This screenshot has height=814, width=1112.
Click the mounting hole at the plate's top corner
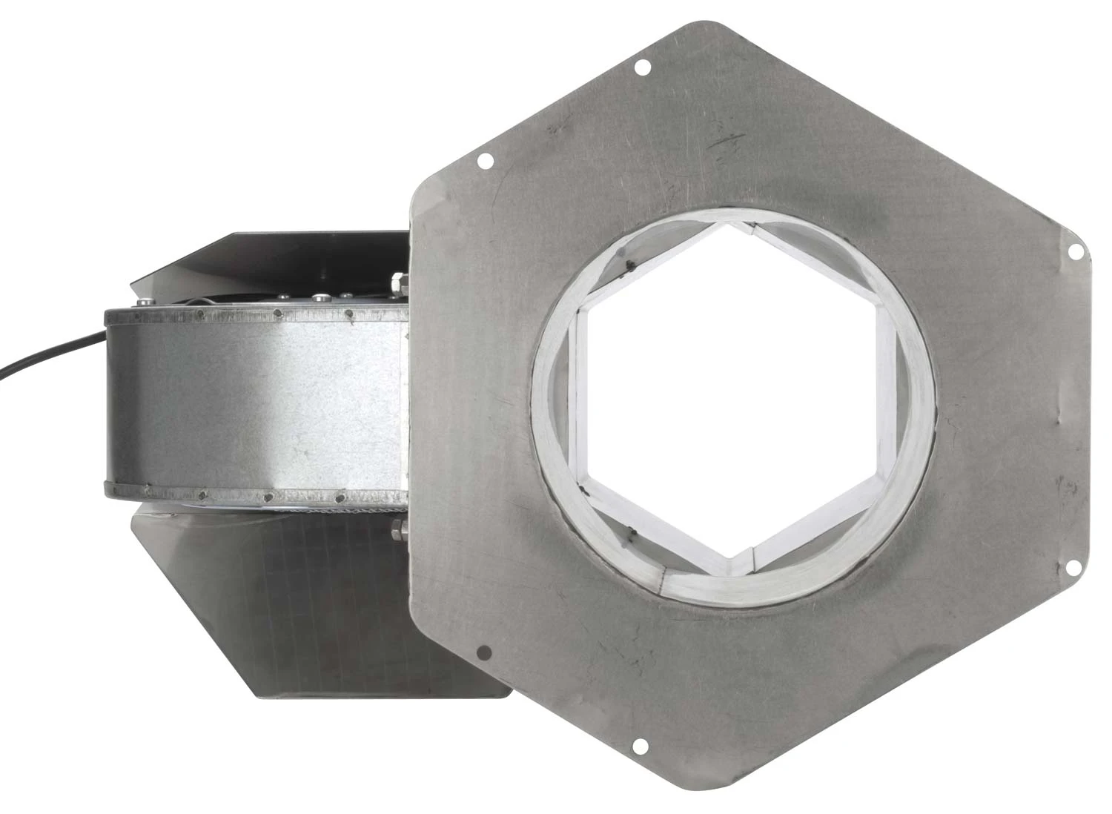pos(643,67)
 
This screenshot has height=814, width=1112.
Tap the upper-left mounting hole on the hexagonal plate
pos(486,159)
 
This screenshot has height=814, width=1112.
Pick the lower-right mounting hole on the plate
pos(1072,568)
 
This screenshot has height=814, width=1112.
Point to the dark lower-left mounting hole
pos(484,652)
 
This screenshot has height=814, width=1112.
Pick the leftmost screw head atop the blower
pos(142,302)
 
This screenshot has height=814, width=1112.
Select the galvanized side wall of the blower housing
pos(259,400)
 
